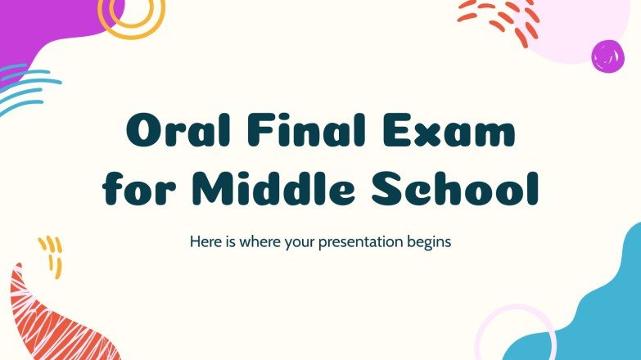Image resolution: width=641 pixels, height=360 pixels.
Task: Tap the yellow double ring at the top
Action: coord(132,15)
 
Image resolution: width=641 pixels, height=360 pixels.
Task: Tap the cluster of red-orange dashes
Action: coord(499,16)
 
